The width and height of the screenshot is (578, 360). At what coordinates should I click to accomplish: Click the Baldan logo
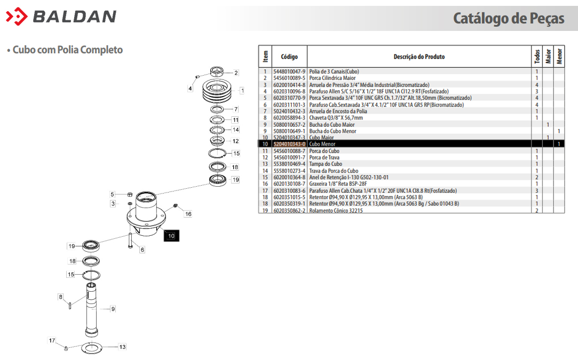(x=61, y=17)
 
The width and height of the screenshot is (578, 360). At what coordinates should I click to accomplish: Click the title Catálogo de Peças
(x=508, y=18)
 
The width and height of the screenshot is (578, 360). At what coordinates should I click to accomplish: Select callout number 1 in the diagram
(x=242, y=91)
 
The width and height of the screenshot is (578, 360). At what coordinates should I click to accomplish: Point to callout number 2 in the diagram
(x=236, y=73)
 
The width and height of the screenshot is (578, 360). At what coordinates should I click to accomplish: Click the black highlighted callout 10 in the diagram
(x=171, y=235)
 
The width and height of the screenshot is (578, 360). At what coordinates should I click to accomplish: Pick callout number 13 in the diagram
(x=122, y=347)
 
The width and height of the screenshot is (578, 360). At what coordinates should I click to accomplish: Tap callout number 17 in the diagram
(x=52, y=340)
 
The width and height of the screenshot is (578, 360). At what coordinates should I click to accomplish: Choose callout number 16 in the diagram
(x=188, y=214)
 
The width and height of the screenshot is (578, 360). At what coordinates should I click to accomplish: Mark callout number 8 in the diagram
(x=60, y=297)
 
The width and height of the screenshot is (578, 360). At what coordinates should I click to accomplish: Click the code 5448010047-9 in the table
(x=289, y=71)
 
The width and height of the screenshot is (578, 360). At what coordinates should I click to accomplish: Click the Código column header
(x=289, y=57)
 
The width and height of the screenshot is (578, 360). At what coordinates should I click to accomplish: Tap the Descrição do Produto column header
(x=419, y=57)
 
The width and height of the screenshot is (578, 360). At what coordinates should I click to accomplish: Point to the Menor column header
(x=559, y=56)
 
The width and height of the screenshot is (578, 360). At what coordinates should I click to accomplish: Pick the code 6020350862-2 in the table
(x=289, y=211)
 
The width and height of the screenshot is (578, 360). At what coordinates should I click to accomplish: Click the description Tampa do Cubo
(x=326, y=164)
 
